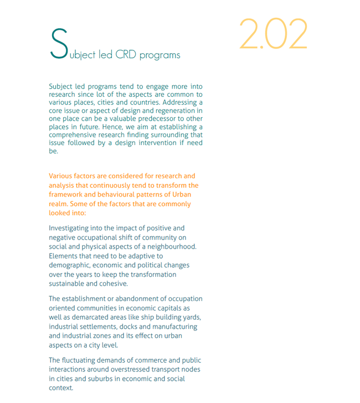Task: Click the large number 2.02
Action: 273,34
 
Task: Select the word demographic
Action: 71,265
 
